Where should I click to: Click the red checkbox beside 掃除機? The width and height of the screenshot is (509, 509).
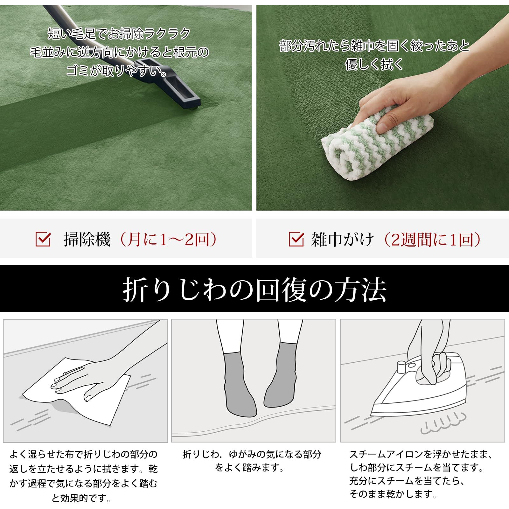coord(43,239)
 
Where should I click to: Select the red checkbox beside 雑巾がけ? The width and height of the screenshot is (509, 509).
coord(296,239)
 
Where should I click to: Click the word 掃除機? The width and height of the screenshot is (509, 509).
coord(87,239)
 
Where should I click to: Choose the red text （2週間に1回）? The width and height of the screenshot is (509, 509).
coord(433,239)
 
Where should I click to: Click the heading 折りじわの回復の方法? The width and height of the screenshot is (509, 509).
coord(254,289)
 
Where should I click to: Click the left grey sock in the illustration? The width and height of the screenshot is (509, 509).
coord(239,385)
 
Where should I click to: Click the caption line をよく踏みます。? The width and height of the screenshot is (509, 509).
coord(250,468)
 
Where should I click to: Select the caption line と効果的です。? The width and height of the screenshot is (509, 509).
coord(81,498)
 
